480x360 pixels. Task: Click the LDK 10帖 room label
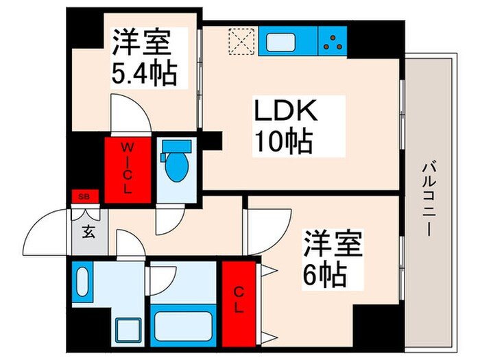(x=284, y=127)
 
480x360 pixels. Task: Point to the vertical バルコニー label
(x=429, y=198)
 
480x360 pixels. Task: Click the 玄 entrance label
(x=89, y=231)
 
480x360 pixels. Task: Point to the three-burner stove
(x=333, y=40)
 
